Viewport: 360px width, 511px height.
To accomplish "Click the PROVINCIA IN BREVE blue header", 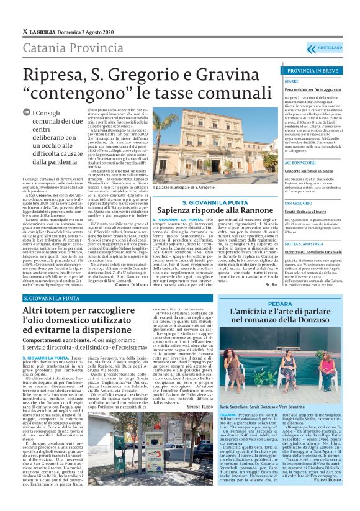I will pos(313,71).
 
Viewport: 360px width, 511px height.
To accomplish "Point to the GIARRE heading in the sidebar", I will pos(292,81).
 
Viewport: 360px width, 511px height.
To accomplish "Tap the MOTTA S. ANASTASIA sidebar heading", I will pos(305,227).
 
